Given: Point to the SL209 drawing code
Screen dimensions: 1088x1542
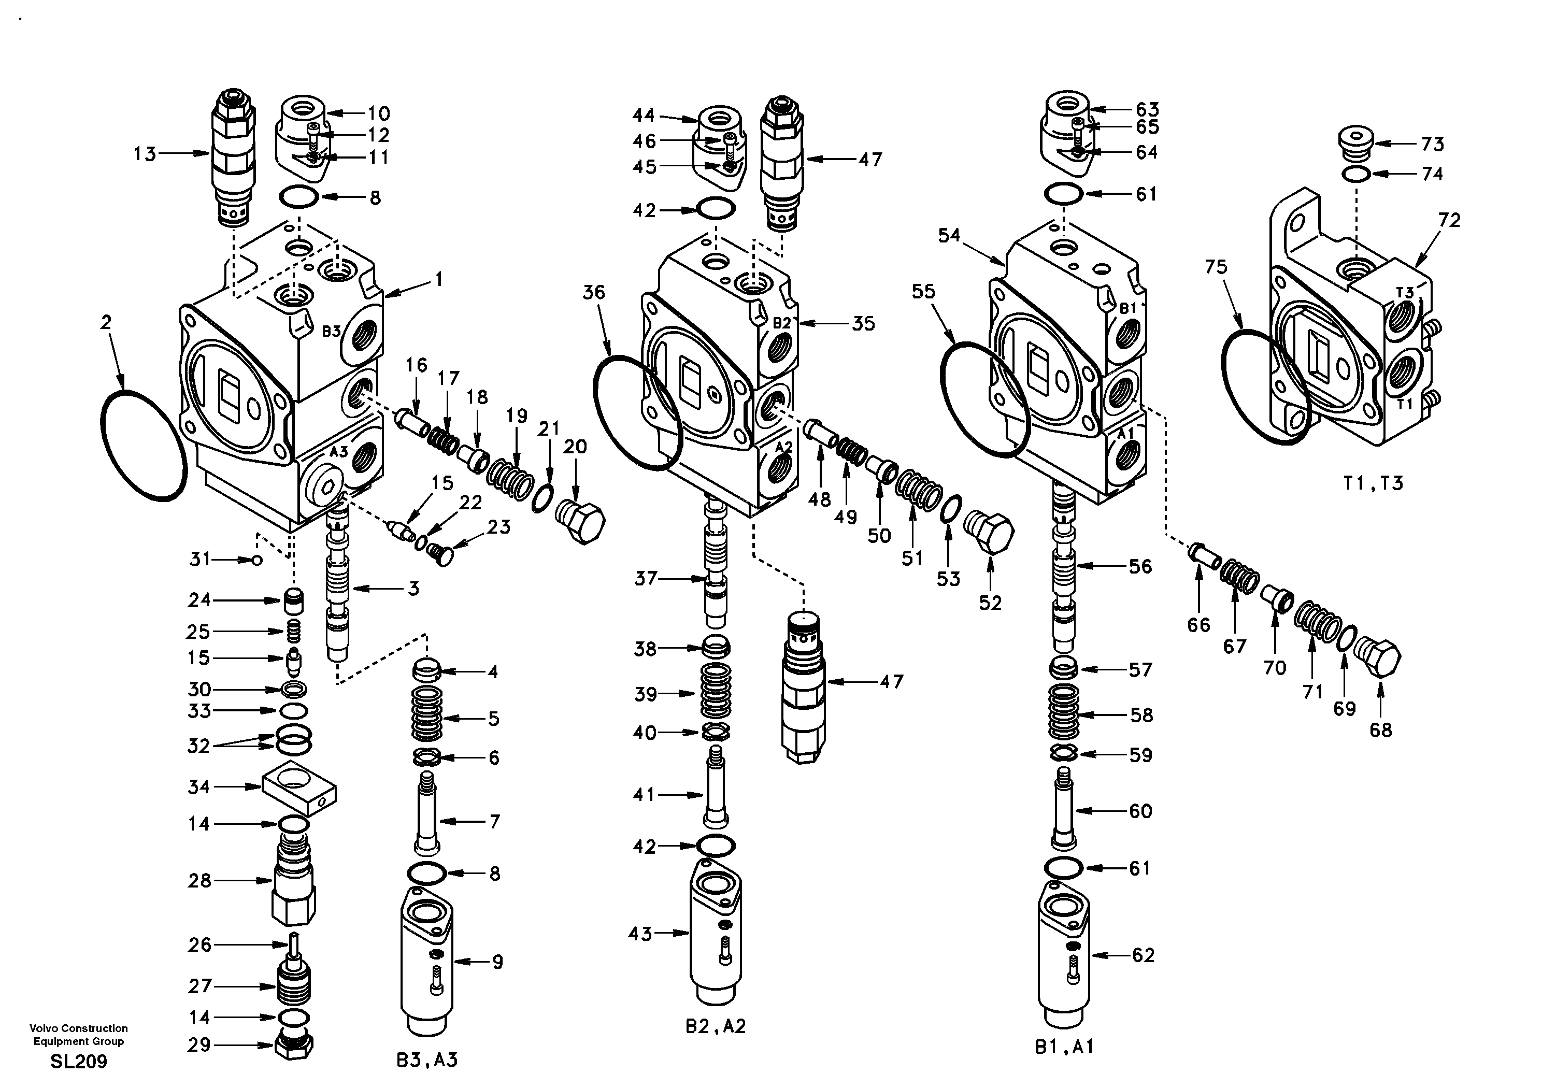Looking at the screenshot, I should [79, 1061].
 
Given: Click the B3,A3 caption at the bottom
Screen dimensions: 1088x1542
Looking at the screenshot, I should [427, 1060].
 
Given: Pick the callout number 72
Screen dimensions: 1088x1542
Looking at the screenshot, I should [1449, 220].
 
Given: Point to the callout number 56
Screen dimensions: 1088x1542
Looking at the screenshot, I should [1140, 566].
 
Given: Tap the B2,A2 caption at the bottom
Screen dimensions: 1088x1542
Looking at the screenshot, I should [715, 1026].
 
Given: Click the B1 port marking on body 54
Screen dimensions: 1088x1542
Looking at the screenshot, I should [1127, 308].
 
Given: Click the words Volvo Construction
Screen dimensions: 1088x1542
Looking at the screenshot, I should [79, 1028].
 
